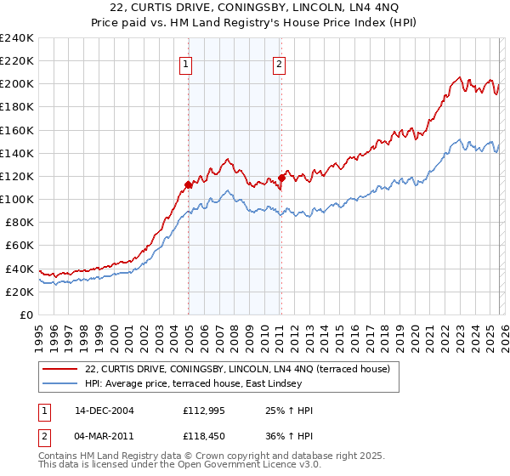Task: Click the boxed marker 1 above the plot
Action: click(x=186, y=62)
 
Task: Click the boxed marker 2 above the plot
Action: click(x=280, y=62)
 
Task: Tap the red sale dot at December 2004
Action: click(x=187, y=184)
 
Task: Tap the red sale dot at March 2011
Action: click(x=280, y=178)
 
